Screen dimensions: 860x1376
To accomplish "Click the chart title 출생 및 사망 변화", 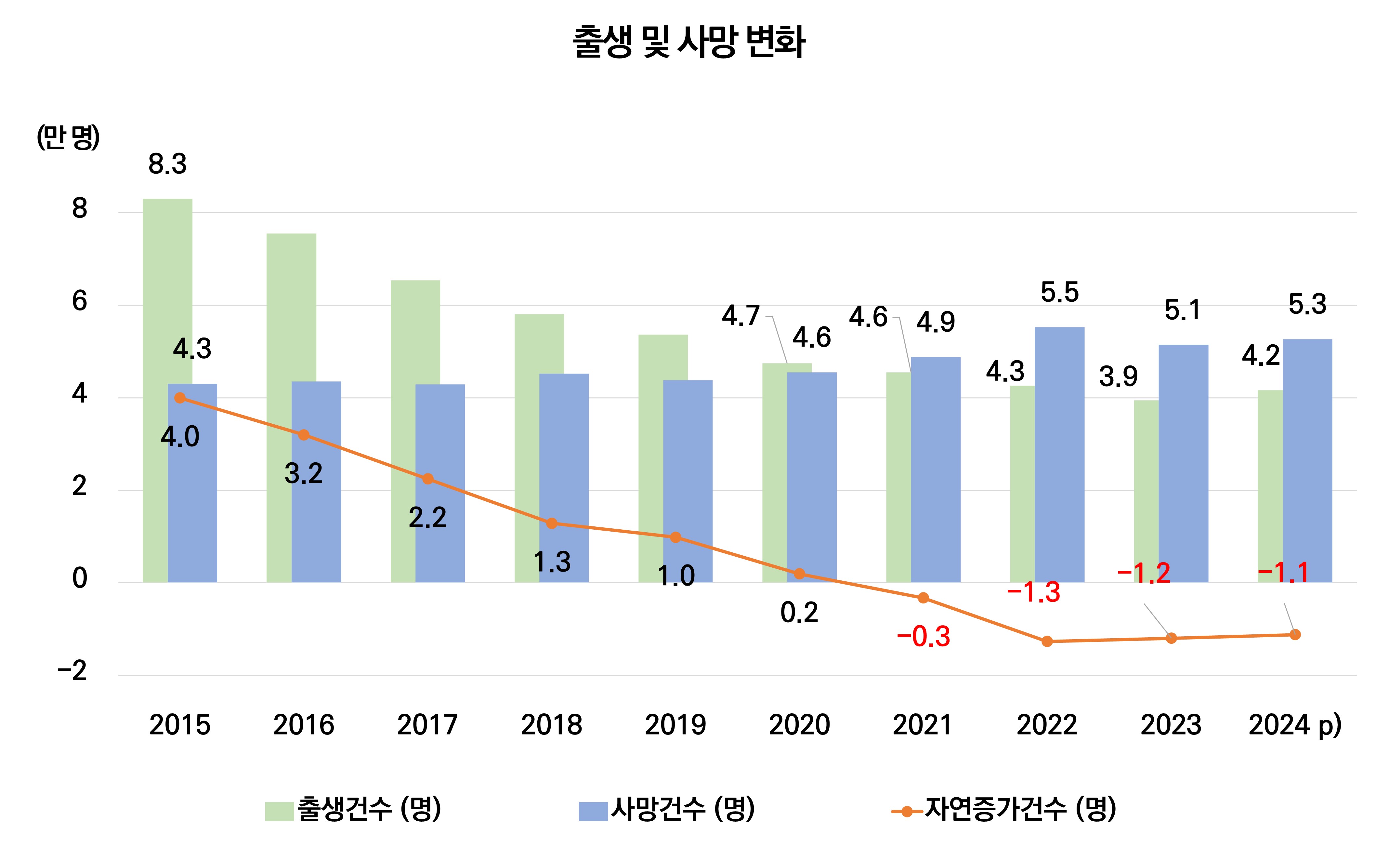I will click(x=688, y=42).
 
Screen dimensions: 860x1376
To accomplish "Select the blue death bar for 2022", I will click(x=1059, y=455).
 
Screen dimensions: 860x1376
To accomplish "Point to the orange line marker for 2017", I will click(x=427, y=479).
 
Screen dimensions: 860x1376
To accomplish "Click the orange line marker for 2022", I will click(x=1047, y=642).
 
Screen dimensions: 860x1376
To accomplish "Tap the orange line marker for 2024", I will click(x=1295, y=634).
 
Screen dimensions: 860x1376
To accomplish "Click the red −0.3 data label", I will click(x=924, y=637).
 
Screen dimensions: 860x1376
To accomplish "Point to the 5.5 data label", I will click(x=1059, y=292).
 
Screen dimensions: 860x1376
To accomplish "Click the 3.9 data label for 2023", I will click(x=1118, y=377).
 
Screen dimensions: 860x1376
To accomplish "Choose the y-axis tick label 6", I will click(x=80, y=301).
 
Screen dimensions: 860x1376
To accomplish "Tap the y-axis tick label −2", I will click(x=72, y=671).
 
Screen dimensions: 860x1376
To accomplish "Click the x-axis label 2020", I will click(x=799, y=725).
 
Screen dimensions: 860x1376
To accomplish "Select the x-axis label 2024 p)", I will click(x=1295, y=725).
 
